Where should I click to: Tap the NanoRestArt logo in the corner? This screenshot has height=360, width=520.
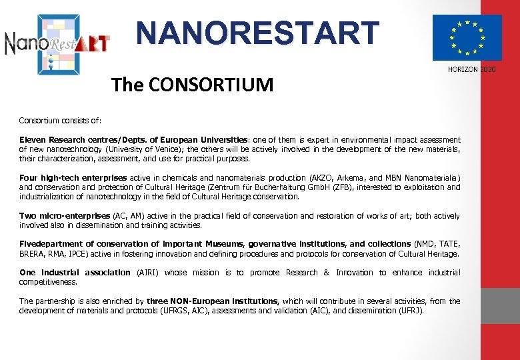click(x=57, y=43)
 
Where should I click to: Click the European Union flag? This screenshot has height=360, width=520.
click(x=467, y=37)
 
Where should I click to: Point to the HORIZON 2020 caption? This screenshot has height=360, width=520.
click(x=472, y=69)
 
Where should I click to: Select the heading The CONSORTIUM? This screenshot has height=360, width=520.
click(x=193, y=85)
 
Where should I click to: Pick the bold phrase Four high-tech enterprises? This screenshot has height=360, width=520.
click(x=73, y=178)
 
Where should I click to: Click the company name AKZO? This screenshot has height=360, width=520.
click(x=323, y=178)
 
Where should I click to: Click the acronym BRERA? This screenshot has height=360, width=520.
click(x=32, y=253)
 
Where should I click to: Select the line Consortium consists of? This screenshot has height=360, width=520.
click(x=60, y=121)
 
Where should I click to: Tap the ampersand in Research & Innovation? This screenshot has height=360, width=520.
click(x=326, y=272)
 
